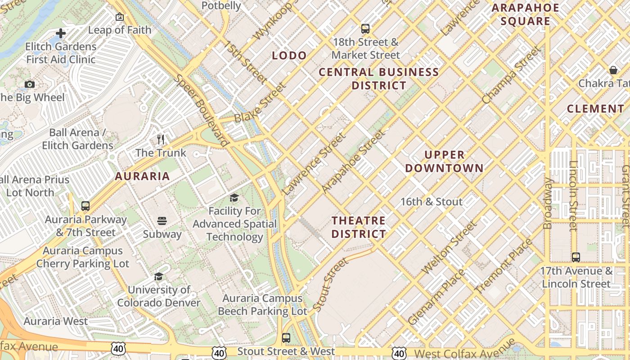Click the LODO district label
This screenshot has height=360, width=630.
(289, 55)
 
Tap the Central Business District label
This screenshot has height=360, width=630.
(379, 79)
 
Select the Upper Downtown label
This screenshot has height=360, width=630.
(445, 162)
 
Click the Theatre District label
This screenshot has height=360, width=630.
(359, 227)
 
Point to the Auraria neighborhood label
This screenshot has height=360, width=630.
(142, 176)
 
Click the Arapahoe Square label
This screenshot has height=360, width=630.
(525, 14)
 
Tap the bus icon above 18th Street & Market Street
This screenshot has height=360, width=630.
(365, 29)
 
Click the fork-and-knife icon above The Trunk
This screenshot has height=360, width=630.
(161, 139)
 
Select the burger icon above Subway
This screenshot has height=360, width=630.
(162, 220)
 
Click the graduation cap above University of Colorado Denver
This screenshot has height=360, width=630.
(158, 276)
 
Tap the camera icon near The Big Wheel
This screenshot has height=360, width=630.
(30, 84)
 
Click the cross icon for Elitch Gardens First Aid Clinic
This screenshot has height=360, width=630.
(61, 33)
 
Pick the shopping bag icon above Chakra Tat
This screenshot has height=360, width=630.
(613, 70)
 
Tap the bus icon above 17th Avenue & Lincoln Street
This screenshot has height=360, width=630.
(576, 257)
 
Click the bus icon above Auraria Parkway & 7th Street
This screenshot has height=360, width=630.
(85, 206)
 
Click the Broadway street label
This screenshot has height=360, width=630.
(548, 203)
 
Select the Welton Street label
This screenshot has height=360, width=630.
(449, 247)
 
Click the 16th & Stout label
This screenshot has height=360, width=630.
(432, 202)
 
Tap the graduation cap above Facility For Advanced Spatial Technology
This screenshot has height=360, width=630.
(234, 198)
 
